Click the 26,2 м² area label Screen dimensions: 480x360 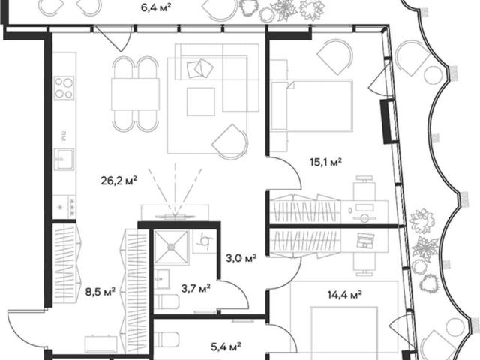(118, 181)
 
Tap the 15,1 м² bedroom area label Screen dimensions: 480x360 (325, 162)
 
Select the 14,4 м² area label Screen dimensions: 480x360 (345, 295)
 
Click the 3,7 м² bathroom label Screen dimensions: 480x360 (196, 288)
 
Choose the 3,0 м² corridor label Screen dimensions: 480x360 (241, 258)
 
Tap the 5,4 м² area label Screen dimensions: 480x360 (226, 346)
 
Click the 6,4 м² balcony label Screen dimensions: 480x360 (156, 7)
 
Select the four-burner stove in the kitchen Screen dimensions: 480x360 (64, 88)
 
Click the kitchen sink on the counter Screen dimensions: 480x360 (64, 159)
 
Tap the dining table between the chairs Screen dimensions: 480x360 (135, 94)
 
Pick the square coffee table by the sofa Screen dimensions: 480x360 (201, 102)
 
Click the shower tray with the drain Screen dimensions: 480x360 (171, 247)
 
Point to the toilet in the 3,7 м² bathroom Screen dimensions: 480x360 (166, 301)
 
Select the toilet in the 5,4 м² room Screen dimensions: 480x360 (166, 340)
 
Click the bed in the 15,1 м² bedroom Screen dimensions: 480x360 (312, 105)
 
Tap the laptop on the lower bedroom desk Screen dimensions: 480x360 (365, 240)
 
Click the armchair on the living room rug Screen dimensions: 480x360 (230, 142)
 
